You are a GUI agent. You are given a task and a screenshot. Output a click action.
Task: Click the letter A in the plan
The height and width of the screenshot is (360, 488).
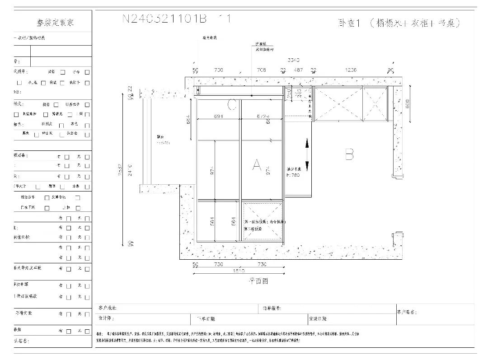tap(257, 165)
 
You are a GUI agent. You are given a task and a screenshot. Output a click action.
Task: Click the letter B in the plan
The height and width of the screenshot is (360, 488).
tap(349, 155)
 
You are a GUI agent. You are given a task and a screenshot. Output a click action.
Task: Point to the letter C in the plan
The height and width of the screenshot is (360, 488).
tap(232, 105)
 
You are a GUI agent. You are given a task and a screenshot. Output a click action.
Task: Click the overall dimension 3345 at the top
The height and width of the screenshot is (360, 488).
tap(294, 60)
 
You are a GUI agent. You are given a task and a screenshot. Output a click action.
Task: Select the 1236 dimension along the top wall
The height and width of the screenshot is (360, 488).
tap(350, 70)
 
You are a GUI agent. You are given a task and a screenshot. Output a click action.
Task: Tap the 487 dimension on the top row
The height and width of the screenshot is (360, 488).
tap(298, 70)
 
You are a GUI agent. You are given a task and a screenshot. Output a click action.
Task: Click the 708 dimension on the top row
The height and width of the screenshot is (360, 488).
tap(261, 70)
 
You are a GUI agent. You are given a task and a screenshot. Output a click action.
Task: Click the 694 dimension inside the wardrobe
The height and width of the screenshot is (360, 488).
tap(219, 116)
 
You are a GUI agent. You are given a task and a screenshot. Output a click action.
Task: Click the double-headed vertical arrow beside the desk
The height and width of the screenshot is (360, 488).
tap(307, 154)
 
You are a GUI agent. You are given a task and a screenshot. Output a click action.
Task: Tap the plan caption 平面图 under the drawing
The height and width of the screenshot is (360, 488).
tap(258, 281)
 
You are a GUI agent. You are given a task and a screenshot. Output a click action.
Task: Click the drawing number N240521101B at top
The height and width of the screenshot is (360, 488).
tap(164, 19)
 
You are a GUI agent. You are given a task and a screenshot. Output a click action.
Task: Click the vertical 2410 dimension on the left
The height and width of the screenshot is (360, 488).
tap(131, 170)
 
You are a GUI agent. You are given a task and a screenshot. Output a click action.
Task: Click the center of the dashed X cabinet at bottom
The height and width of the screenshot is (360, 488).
tap(263, 221)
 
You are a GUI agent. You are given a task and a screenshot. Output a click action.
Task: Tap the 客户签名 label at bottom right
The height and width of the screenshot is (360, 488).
tap(407, 312)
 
